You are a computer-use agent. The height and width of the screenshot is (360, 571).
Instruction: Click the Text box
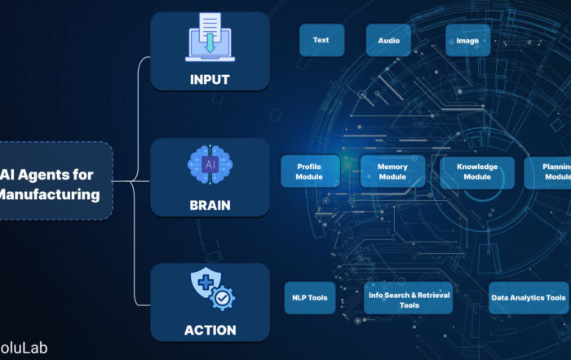[x=321, y=40]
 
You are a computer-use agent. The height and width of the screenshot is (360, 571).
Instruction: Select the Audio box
[x=388, y=40]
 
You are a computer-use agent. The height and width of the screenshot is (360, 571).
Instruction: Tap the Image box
[x=467, y=40]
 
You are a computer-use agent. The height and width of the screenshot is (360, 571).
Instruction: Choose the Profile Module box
[x=309, y=172]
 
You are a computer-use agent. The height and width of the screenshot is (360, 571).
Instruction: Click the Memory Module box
[x=392, y=172]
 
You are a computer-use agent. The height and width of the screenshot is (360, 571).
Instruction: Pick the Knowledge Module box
[x=477, y=172]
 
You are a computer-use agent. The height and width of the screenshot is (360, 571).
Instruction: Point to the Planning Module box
[x=551, y=172]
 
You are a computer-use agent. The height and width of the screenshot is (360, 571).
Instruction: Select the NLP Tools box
[x=309, y=298]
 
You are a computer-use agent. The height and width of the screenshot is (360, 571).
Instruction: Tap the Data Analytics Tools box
[x=528, y=299]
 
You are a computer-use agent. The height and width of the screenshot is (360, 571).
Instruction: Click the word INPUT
[x=210, y=80]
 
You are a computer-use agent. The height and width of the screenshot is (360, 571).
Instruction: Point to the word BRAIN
[x=210, y=206]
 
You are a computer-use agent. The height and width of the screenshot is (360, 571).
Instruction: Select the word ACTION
[x=210, y=331]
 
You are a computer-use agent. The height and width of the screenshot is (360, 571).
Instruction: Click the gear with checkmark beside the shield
[x=222, y=299]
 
